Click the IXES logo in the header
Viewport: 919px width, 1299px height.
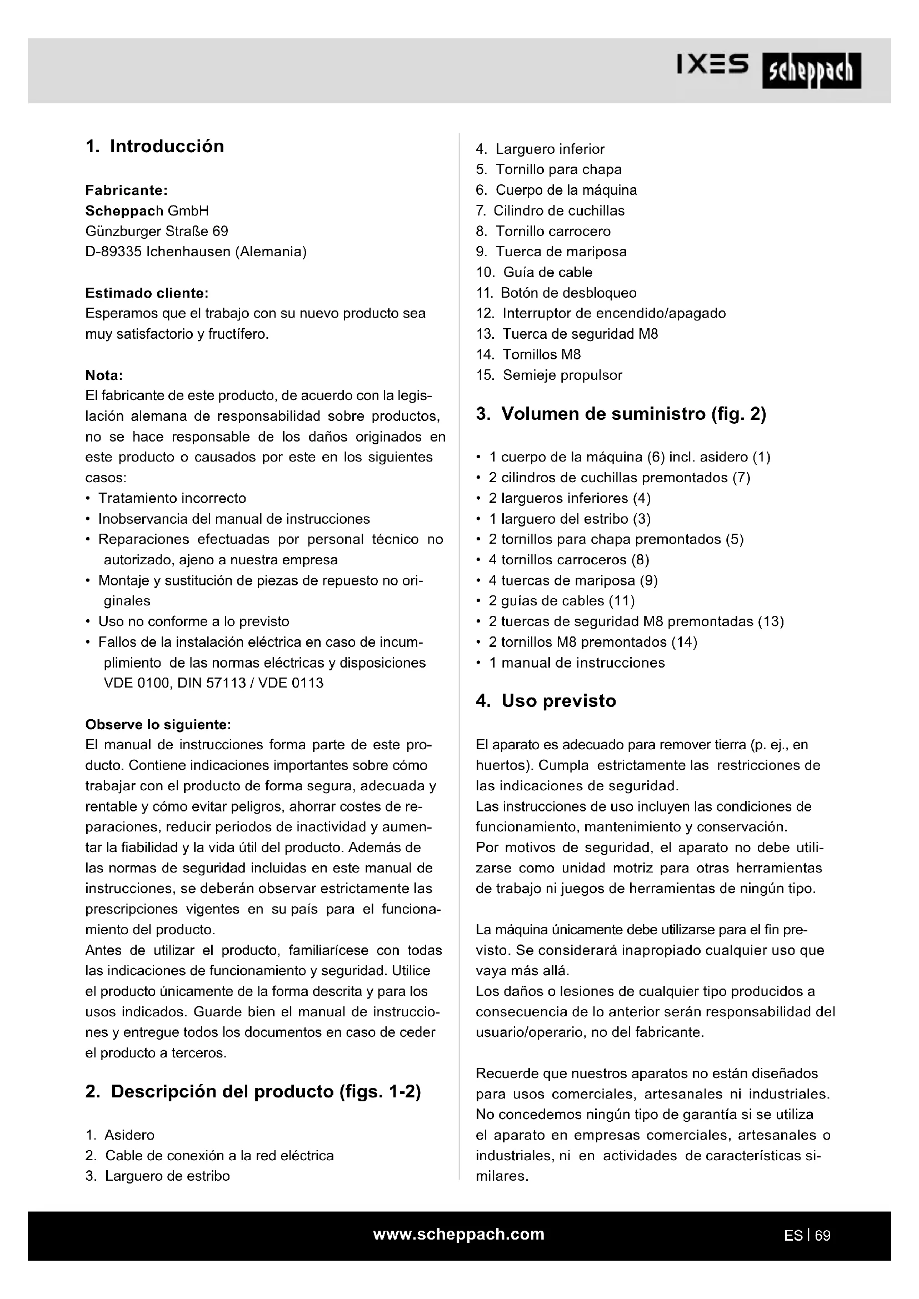(712, 66)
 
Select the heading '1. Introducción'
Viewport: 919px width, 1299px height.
(154, 147)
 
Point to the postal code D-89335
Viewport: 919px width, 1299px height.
(113, 252)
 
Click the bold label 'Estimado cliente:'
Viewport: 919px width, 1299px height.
(147, 293)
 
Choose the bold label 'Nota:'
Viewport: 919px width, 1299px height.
(104, 375)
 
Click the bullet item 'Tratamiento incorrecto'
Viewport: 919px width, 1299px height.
(172, 498)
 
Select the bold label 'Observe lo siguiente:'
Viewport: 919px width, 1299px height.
(158, 725)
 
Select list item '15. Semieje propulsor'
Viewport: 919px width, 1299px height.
(549, 375)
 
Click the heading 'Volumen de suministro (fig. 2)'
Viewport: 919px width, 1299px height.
(621, 414)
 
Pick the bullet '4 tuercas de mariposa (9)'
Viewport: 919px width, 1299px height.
(573, 580)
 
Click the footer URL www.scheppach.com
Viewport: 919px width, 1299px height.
(458, 1234)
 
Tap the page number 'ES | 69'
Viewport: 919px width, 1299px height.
(807, 1236)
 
